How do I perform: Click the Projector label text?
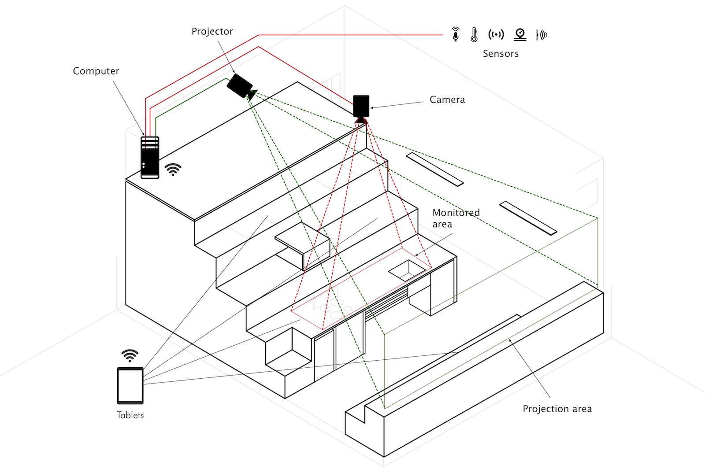[212, 32]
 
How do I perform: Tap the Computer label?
[96, 71]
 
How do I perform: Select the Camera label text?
[447, 100]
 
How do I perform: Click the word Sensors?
[501, 54]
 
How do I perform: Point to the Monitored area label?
[456, 218]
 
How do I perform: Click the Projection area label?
[557, 409]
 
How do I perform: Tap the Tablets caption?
[130, 415]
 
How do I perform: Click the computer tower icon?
[150, 158]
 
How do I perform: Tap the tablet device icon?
[130, 386]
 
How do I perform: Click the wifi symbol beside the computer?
[173, 170]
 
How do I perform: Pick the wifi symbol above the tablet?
[130, 355]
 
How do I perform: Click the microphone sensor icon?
[456, 34]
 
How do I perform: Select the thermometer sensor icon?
[474, 34]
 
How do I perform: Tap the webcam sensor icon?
[520, 34]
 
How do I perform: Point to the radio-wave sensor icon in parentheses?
[496, 34]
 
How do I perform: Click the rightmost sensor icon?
[542, 35]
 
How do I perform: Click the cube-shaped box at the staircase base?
[289, 352]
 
